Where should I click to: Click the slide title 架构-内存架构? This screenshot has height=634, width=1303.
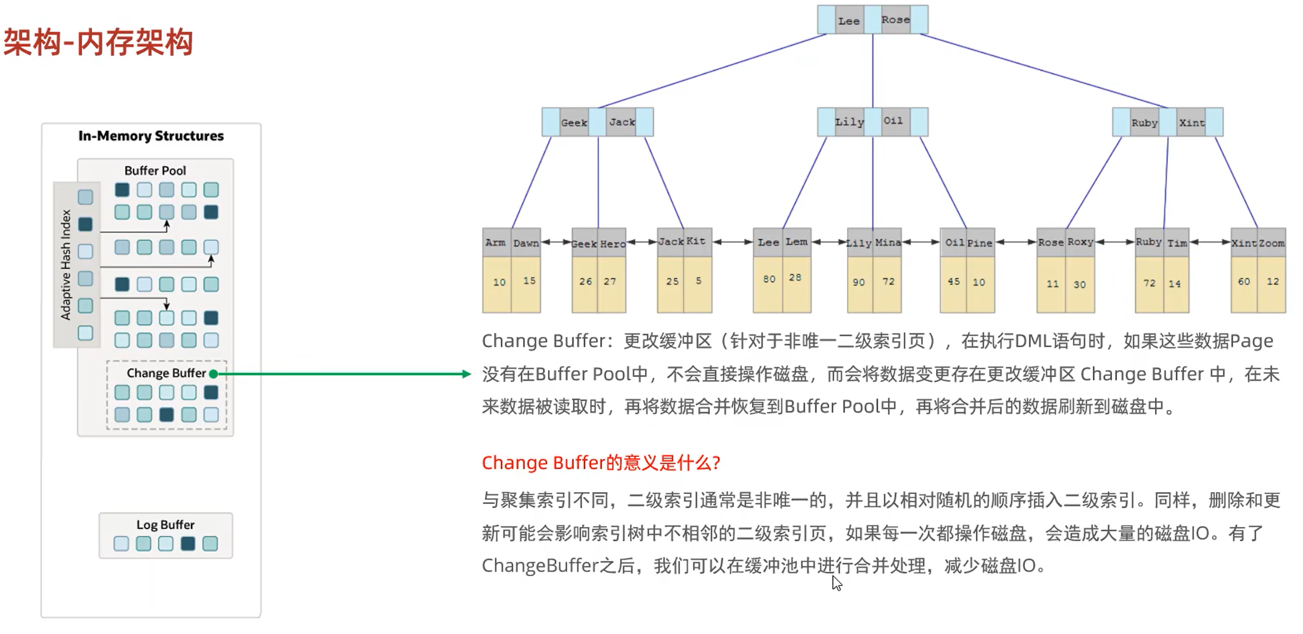click(98, 42)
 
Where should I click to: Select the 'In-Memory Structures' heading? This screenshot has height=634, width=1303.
click(151, 136)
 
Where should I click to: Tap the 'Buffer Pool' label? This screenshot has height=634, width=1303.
click(155, 170)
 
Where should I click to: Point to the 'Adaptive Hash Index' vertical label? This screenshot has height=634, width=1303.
click(65, 264)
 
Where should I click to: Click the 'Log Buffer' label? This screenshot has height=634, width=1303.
click(165, 524)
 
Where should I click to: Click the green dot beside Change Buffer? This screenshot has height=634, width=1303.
click(213, 374)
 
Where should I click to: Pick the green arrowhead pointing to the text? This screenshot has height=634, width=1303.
click(466, 374)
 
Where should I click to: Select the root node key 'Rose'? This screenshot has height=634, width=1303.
click(896, 20)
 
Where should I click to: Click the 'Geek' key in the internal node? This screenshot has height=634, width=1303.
click(573, 123)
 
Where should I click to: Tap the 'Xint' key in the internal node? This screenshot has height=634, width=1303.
click(1192, 123)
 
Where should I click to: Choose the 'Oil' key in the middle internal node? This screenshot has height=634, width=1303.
click(893, 121)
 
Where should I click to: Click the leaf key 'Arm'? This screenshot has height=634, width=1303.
click(496, 243)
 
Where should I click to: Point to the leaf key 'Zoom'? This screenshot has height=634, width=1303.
click(1271, 243)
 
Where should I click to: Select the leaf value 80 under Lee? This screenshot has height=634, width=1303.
click(769, 279)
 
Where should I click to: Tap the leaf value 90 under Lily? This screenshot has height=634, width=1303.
click(859, 282)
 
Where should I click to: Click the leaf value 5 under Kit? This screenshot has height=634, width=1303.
click(698, 281)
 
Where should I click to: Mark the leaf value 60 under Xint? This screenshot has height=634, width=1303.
click(1244, 282)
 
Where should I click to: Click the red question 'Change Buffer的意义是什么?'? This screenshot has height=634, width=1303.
click(601, 462)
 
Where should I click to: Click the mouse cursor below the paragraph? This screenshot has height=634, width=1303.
click(837, 582)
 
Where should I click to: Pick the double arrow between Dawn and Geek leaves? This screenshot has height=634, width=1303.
click(557, 242)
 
